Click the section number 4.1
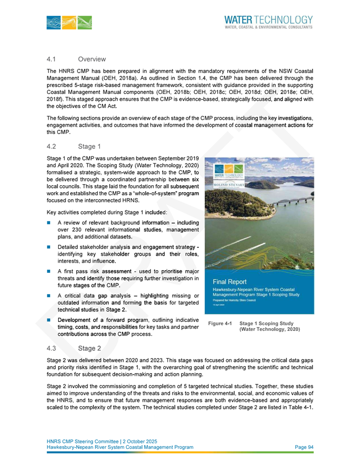pyautogui.click(x=52, y=59)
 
